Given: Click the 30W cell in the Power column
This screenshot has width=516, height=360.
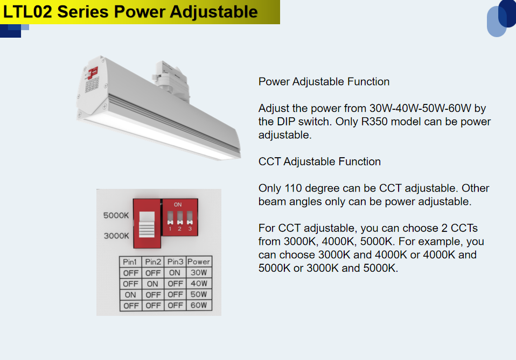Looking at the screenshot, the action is [199, 272].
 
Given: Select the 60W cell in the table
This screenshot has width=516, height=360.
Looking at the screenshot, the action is [199, 306].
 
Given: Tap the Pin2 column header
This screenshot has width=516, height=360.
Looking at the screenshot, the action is [153, 262].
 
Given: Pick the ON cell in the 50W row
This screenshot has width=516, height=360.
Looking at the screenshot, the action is [130, 294].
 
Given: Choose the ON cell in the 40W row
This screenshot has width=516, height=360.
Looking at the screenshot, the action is [152, 284].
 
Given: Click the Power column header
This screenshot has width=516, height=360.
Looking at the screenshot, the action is [199, 262].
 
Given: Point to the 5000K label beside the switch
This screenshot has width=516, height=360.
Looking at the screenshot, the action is [116, 216].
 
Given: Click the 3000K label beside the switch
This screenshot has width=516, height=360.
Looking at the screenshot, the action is [116, 236].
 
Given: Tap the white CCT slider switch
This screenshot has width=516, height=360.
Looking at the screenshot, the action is [147, 224].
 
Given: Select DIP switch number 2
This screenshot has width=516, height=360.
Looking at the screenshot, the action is [180, 218].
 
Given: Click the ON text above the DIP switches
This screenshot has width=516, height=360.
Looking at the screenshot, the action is [178, 204].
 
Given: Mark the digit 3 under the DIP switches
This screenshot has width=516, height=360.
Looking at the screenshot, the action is [190, 229].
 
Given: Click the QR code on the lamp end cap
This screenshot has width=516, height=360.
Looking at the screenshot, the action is [92, 84].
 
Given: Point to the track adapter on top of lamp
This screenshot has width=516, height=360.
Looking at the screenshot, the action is [171, 78].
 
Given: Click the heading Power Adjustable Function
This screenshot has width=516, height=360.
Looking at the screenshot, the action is [324, 82].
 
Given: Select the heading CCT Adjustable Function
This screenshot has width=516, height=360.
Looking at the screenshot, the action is [319, 161].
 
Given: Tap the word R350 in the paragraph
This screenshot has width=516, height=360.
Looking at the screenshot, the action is [374, 122].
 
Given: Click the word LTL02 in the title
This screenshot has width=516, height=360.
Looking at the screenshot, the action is [27, 12].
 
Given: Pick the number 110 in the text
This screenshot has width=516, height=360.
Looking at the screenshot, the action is [293, 188].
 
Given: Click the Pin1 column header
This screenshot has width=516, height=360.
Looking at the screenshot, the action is [130, 262].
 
